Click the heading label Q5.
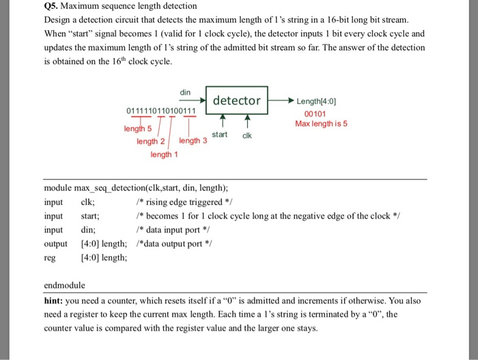click(x=51, y=6)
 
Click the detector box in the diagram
click(x=236, y=100)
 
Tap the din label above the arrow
click(x=185, y=92)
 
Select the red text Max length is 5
click(x=321, y=124)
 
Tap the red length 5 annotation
click(x=137, y=130)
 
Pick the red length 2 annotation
click(x=150, y=141)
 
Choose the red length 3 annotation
click(x=193, y=141)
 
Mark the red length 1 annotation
click(x=165, y=154)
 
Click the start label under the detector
click(x=220, y=135)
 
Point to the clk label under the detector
click(x=247, y=135)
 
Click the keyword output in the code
click(x=55, y=243)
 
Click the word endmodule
click(x=64, y=284)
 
